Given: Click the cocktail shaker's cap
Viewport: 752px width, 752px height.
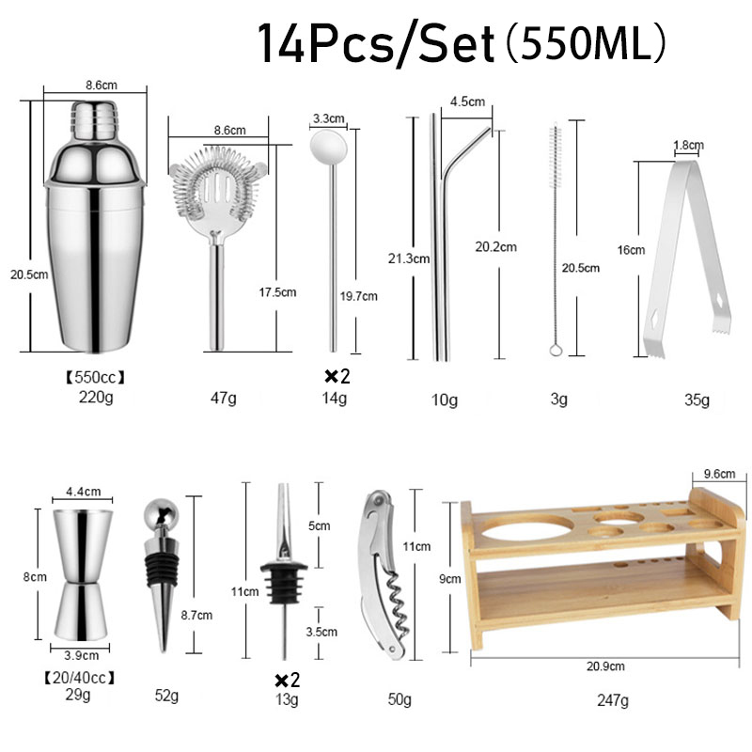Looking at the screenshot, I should click(x=96, y=117).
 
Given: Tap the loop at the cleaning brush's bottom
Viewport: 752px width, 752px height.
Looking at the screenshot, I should click(x=556, y=351).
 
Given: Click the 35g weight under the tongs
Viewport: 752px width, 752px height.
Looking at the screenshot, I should click(x=697, y=400).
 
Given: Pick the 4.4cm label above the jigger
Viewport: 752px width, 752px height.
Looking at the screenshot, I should click(x=82, y=492).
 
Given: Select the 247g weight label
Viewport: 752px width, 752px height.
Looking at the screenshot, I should click(x=612, y=699).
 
